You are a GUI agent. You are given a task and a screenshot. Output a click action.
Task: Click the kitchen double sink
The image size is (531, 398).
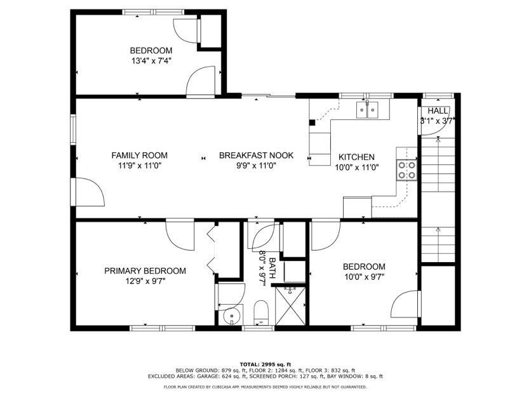367,109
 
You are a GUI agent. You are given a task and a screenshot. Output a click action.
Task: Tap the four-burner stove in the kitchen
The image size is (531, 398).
407,170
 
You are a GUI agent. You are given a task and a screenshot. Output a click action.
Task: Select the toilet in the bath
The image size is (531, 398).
261,312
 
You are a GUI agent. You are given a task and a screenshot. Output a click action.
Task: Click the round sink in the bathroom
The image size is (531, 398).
231,315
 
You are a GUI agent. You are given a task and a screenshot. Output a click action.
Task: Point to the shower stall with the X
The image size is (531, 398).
290,306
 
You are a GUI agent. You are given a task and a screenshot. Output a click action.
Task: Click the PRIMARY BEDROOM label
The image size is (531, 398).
145,271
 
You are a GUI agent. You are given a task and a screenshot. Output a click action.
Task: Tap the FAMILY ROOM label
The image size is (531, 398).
140,156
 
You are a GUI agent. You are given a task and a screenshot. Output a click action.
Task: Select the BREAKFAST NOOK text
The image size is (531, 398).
256,156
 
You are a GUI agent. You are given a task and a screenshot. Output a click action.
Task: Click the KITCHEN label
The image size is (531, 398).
356,157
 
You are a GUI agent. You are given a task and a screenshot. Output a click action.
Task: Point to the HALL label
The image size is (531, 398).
438,110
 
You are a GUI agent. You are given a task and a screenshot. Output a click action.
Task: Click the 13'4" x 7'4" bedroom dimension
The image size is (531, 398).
151,62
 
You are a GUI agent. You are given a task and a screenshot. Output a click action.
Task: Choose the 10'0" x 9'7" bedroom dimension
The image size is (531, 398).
364,277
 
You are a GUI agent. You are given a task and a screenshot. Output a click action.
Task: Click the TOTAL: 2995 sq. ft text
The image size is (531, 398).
265,364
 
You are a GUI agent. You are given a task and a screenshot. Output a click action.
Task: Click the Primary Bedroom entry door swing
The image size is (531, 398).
180,235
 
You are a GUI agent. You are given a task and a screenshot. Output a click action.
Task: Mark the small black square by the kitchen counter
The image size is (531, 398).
313,123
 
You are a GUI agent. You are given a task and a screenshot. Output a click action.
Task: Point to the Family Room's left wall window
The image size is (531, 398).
73,129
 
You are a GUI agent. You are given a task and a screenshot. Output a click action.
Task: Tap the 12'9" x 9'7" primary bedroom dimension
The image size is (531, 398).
145,281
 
